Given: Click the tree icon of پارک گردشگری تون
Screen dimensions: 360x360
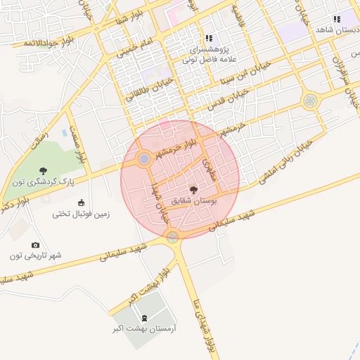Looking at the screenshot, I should click(x=44, y=170).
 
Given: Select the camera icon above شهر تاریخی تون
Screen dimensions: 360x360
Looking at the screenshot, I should click(x=35, y=245).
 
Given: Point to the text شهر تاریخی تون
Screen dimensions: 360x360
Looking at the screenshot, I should click(x=35, y=256).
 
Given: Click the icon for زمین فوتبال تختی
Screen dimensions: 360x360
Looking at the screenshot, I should click(x=81, y=202).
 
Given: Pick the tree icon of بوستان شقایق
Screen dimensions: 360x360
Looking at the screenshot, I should click(x=193, y=188).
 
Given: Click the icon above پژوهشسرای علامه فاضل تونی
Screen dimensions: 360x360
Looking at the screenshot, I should click(x=208, y=38).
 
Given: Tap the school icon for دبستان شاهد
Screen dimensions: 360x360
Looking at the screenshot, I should click(x=336, y=19).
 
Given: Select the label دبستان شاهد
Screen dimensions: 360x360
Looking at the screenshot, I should click(x=337, y=30).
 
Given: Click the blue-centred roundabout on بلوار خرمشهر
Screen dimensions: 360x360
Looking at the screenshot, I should click(x=144, y=160).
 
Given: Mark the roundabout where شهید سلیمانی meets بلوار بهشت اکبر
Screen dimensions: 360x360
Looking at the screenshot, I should click(x=173, y=237).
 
